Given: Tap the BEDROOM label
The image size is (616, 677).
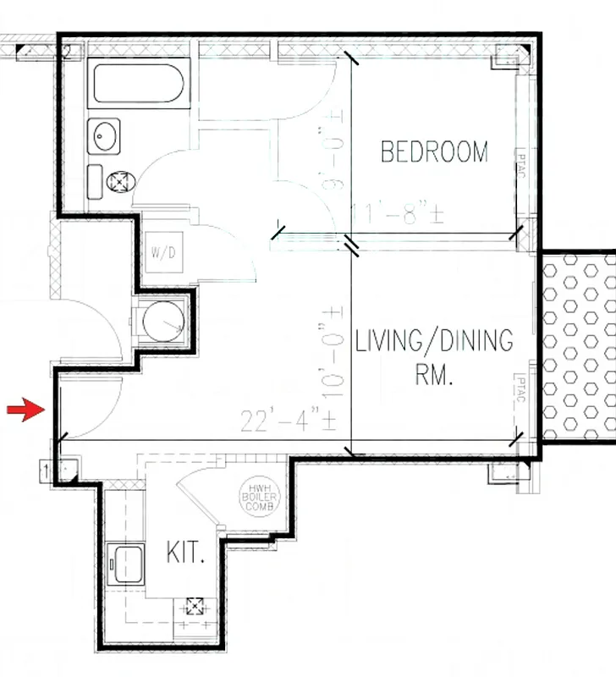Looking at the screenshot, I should [434, 152].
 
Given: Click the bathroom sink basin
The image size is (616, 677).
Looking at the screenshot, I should [107, 134].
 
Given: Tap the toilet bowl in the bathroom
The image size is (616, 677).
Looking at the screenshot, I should [120, 179].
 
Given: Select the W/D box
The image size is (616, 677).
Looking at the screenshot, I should [162, 252].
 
